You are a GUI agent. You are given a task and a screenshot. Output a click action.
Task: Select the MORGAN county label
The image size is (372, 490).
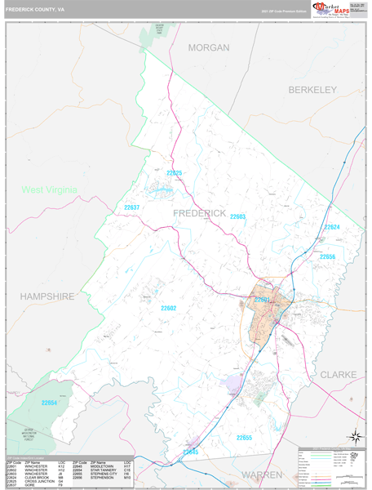(x=209, y=48)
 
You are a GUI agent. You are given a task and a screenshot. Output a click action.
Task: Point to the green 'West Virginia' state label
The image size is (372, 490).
(x=50, y=189)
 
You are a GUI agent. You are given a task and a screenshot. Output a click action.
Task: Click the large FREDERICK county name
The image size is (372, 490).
(x=200, y=212)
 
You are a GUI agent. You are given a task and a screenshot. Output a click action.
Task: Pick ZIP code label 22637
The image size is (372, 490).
(x=132, y=207)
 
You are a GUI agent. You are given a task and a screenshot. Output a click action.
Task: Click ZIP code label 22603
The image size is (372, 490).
(x=237, y=216)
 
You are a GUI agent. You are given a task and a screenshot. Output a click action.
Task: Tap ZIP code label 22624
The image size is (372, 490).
(x=331, y=227)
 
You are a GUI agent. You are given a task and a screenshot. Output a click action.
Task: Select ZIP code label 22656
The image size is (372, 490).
(x=327, y=256)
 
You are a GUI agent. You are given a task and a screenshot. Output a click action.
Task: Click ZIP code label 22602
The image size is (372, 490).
(x=168, y=308)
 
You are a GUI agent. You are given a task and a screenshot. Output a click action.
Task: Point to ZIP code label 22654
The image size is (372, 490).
(x=50, y=403)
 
